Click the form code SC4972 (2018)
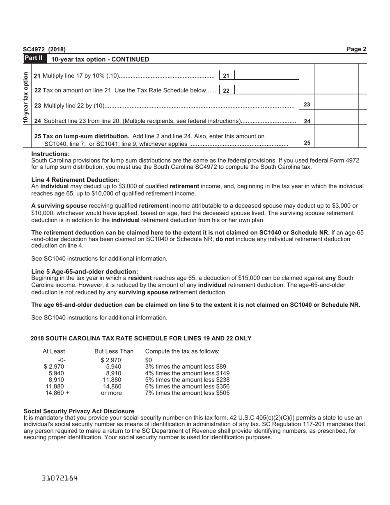pyautogui.click(x=44, y=50)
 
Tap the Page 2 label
pyautogui.click(x=356, y=49)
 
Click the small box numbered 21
pyautogui.click(x=226, y=76)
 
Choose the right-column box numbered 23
pyautogui.click(x=307, y=105)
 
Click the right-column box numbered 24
pyautogui.click(x=307, y=121)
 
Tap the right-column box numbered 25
pyautogui.click(x=307, y=143)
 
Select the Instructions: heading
pyautogui.click(x=50, y=154)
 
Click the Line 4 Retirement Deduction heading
pyautogui.click(x=76, y=180)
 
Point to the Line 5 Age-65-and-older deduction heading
pyautogui.click(x=85, y=271)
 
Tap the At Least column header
pyautogui.click(x=54, y=351)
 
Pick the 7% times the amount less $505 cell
pyautogui.click(x=187, y=393)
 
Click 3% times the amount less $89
pyautogui.click(x=186, y=367)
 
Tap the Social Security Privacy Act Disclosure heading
pyautogui.click(x=79, y=411)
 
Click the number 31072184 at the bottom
pyautogui.click(x=60, y=478)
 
